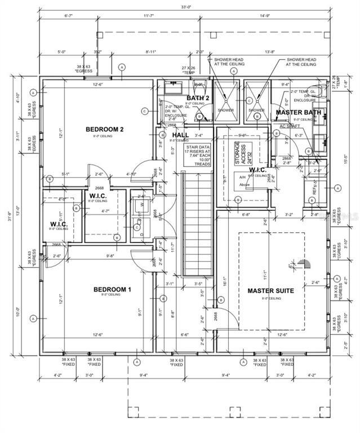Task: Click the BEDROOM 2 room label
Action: [104, 129]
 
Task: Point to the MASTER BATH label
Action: [298, 113]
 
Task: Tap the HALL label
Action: [180, 135]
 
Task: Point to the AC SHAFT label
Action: [289, 126]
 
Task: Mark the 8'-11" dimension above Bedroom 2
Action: [150, 51]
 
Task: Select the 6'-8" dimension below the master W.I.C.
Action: [246, 215]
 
